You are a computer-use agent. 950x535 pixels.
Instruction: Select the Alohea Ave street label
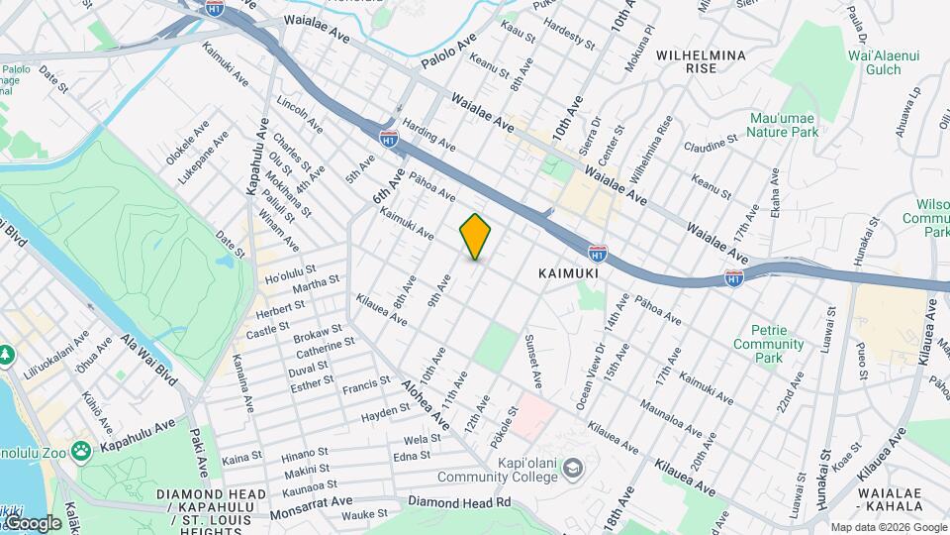click(x=431, y=397)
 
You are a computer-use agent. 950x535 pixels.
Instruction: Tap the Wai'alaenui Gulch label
click(x=875, y=62)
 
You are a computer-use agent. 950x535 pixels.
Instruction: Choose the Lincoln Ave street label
click(x=300, y=115)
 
